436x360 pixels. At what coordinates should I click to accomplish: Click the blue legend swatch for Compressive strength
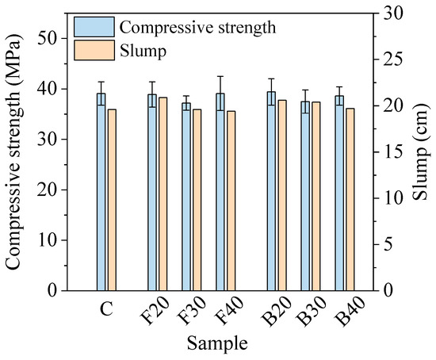(x=94, y=27)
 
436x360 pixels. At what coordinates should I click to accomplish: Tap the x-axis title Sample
(x=217, y=344)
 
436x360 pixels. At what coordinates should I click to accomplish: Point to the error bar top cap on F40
(x=220, y=76)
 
